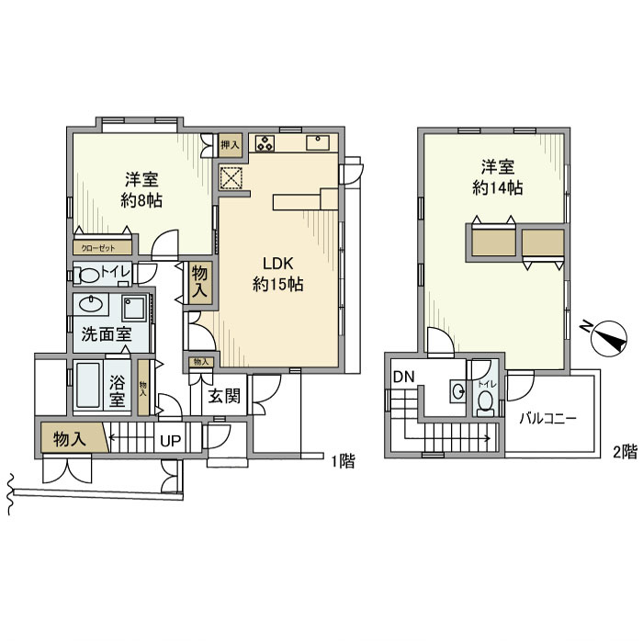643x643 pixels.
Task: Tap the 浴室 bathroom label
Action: pos(118,389)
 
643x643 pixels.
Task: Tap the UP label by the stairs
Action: pos(170,441)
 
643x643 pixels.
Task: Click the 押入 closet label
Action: pos(230,144)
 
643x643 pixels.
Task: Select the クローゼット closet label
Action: pos(99,247)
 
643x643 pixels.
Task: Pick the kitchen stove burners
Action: pos(265,142)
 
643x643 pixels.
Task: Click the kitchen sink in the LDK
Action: pos(318,141)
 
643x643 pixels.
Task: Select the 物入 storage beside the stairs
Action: pos(70,440)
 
